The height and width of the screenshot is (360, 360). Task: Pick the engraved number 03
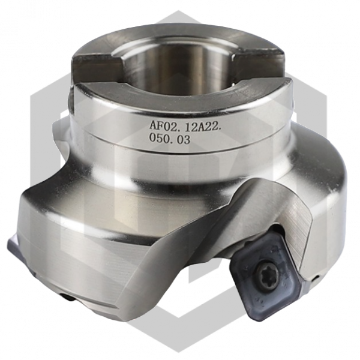click(x=183, y=139)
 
